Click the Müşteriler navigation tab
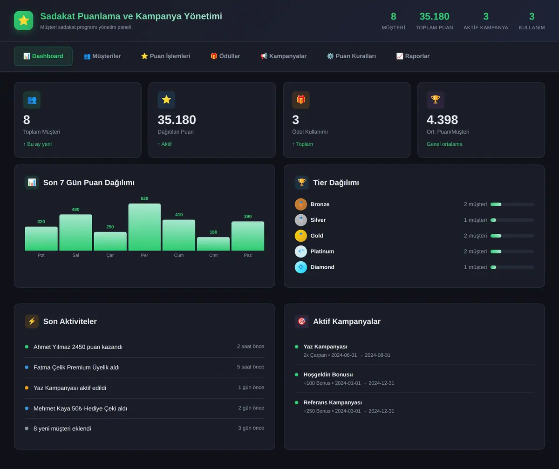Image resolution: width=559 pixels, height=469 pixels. click(102, 56)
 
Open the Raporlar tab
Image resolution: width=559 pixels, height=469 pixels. click(413, 56)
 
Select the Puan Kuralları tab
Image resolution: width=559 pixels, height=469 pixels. click(351, 56)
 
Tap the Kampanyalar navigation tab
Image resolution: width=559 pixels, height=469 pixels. click(283, 56)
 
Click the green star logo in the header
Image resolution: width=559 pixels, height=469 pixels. click(24, 20)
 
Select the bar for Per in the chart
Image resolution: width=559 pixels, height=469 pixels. click(144, 227)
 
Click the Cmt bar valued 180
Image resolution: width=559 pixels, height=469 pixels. click(213, 244)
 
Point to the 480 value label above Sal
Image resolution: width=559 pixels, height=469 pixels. click(75, 209)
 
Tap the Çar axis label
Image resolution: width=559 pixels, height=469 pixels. click(110, 255)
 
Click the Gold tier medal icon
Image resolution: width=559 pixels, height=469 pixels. click(300, 236)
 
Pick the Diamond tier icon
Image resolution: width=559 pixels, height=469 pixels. click(300, 267)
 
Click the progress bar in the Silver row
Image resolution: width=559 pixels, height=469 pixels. click(512, 220)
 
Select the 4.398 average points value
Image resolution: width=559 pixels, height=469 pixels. click(442, 120)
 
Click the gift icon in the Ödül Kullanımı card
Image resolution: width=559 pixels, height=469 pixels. click(301, 100)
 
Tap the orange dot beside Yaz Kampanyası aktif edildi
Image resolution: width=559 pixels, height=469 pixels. click(27, 387)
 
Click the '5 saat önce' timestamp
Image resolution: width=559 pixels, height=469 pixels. click(250, 367)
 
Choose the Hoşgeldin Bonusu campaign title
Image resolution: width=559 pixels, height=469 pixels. click(328, 374)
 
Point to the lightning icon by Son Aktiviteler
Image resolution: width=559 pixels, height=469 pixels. click(32, 321)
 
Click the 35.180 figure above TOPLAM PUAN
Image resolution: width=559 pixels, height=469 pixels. click(434, 16)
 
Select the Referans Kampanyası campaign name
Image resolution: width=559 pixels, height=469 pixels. click(333, 402)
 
